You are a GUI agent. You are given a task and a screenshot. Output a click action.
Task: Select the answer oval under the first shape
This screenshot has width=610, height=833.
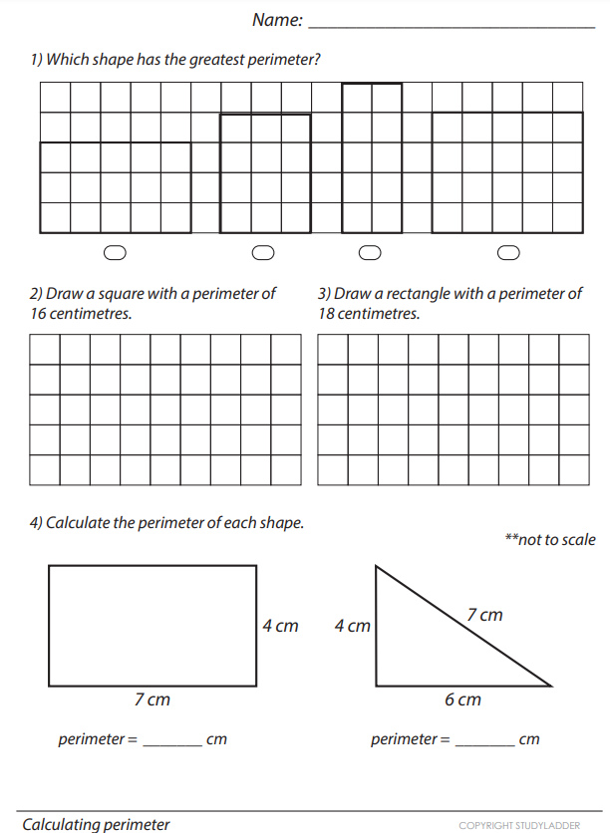point(116,252)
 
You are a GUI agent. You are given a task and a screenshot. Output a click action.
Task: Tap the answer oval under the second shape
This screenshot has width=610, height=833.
point(263,252)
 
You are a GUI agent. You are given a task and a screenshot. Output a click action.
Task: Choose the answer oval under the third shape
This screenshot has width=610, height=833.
point(370,252)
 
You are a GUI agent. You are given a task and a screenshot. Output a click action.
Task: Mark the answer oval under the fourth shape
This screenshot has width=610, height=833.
point(508,252)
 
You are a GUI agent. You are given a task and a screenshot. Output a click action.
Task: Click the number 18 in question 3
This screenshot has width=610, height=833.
point(328,314)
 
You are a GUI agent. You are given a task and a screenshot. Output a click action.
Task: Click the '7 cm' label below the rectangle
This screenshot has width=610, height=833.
point(152,699)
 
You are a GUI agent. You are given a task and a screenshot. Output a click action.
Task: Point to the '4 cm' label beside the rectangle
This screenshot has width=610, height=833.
point(280,626)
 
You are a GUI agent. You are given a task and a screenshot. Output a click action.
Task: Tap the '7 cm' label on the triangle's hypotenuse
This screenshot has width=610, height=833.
point(484,615)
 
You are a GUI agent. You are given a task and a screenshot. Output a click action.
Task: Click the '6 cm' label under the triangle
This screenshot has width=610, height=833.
point(462,699)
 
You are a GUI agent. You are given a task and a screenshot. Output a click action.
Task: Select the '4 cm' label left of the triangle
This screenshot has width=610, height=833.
point(352,626)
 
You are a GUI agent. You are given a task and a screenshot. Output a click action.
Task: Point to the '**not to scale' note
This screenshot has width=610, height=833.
point(550,539)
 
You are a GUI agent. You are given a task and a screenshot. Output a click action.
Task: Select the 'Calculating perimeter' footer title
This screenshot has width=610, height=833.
point(96,824)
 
